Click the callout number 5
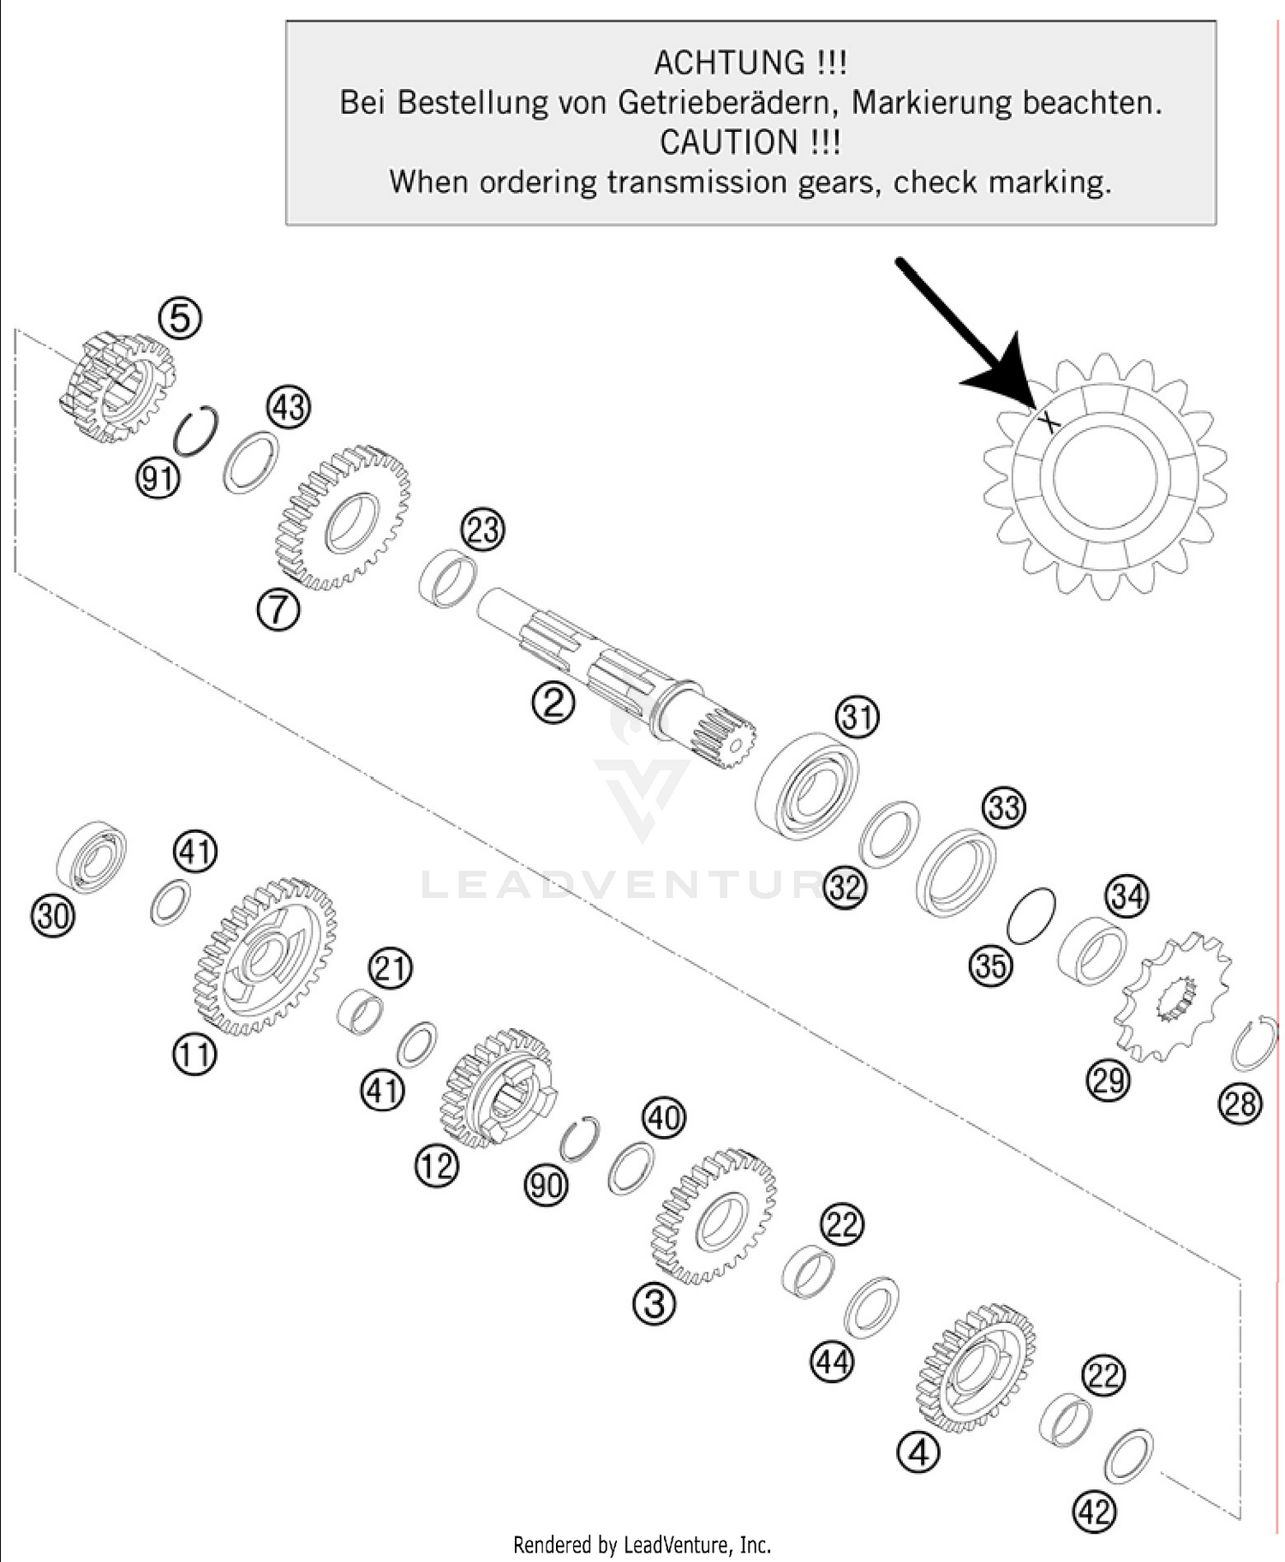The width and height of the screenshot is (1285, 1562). pyautogui.click(x=180, y=318)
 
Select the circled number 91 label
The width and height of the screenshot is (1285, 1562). pyautogui.click(x=158, y=478)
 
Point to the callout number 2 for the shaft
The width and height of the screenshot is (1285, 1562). pyautogui.click(x=553, y=703)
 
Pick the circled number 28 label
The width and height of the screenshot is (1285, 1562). pyautogui.click(x=1240, y=1104)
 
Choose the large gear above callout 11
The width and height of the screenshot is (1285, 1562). pyautogui.click(x=266, y=955)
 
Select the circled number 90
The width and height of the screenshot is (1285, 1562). pyautogui.click(x=546, y=1185)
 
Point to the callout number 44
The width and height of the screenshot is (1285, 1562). pyautogui.click(x=833, y=1362)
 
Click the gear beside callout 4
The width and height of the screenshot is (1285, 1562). pyautogui.click(x=976, y=1368)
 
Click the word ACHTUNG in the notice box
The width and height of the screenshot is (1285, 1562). pyautogui.click(x=727, y=63)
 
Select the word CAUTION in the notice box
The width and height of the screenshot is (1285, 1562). pyautogui.click(x=727, y=142)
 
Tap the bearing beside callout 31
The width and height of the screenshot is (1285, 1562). pyautogui.click(x=807, y=785)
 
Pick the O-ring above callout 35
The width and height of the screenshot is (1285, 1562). pyautogui.click(x=1032, y=916)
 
